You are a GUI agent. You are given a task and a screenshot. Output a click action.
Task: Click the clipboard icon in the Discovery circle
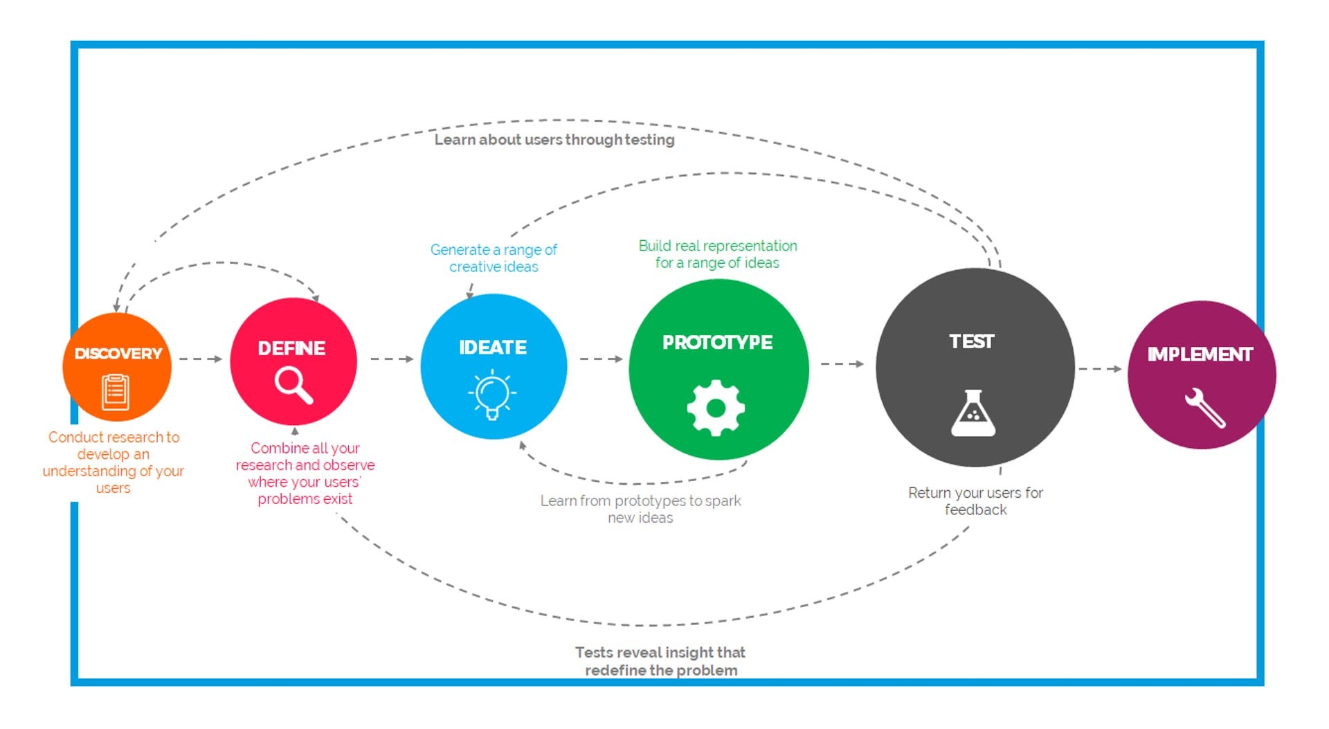[116, 392]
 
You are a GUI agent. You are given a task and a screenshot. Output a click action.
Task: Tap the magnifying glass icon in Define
[293, 385]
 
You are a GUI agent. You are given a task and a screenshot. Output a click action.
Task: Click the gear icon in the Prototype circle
[716, 408]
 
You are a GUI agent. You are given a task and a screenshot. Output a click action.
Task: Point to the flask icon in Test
[973, 413]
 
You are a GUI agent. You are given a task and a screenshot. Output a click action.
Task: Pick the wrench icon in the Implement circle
[1204, 408]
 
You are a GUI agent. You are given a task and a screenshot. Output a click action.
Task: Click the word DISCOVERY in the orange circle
[118, 354]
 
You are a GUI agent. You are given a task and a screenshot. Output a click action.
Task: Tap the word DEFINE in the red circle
[291, 348]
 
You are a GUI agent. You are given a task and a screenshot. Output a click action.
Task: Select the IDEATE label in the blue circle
[493, 348]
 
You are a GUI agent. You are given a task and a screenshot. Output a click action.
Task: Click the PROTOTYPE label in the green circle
[717, 343]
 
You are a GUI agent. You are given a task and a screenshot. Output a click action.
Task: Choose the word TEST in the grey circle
[972, 341]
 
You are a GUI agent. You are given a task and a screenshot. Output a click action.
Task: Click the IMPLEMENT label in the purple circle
[1200, 354]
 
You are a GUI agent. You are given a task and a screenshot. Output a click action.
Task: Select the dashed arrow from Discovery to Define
[200, 359]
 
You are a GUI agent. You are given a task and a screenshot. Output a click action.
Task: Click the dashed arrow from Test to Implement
[1100, 369]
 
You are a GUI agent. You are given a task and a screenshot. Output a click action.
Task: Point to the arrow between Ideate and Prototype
[601, 359]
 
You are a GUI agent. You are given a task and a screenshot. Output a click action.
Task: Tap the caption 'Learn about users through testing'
[554, 140]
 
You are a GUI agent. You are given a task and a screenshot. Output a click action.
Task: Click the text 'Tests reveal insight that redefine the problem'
[660, 661]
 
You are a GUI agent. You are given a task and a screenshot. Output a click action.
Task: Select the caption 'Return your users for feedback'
[975, 501]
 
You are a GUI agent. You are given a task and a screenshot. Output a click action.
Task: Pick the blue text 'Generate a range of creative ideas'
[494, 258]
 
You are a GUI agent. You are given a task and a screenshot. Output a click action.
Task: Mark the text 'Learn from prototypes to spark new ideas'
[640, 509]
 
